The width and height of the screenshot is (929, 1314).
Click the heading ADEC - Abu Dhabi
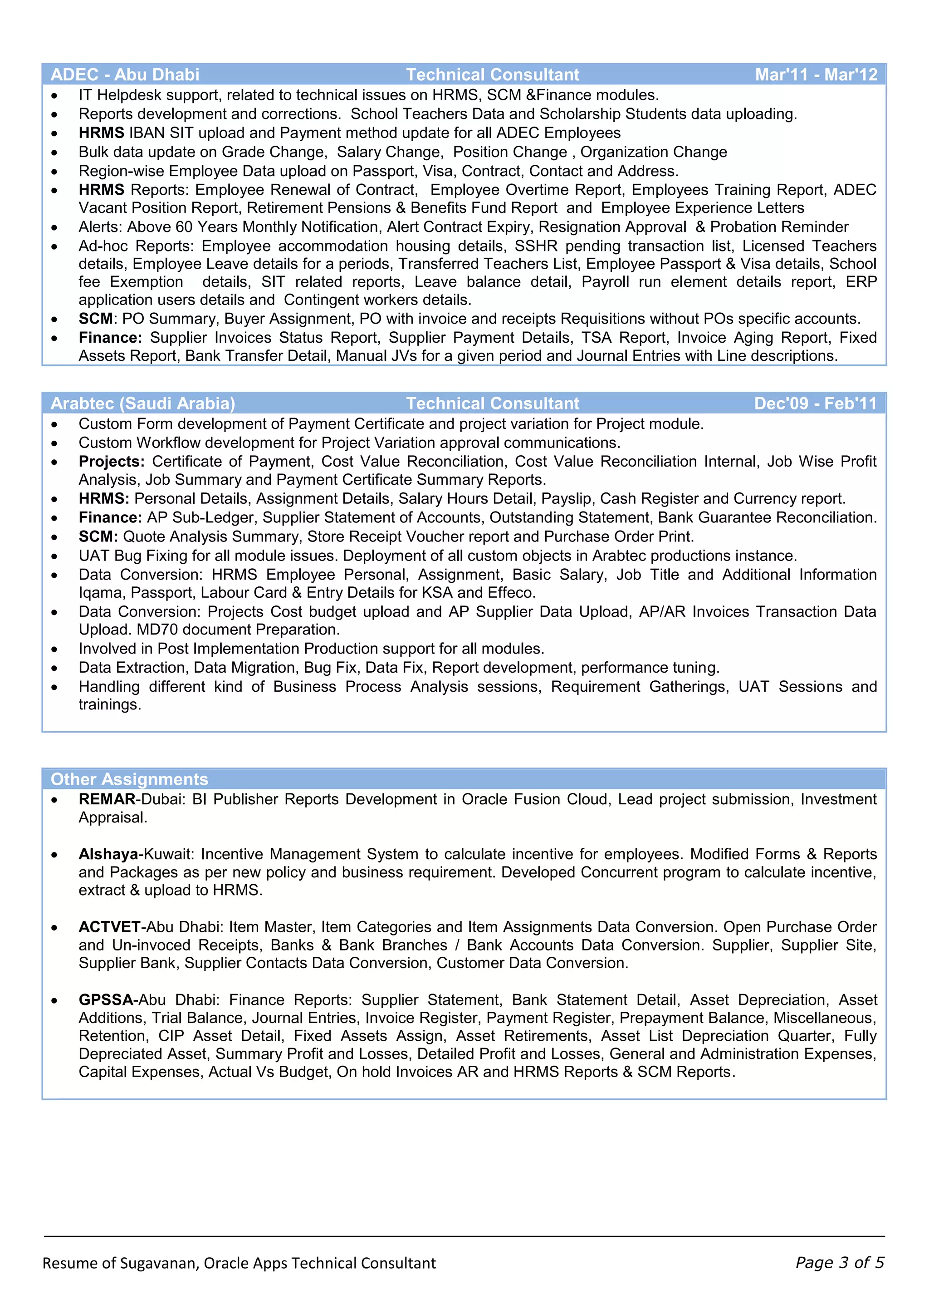click(125, 74)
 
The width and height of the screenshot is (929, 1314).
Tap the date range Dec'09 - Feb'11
click(815, 404)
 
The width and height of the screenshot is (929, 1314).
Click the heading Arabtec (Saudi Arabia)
click(143, 404)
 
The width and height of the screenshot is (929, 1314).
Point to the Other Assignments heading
click(129, 779)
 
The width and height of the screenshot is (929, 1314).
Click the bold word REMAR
click(107, 799)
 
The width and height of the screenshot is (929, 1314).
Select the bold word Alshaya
click(108, 855)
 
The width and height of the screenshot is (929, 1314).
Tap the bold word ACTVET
click(109, 927)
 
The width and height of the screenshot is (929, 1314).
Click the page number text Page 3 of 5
click(840, 1263)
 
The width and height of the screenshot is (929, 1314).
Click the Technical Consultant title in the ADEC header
click(493, 74)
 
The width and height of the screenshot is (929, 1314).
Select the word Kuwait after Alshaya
click(169, 855)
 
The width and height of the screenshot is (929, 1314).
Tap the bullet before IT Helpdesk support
click(54, 96)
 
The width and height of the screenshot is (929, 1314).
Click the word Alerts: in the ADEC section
click(100, 227)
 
